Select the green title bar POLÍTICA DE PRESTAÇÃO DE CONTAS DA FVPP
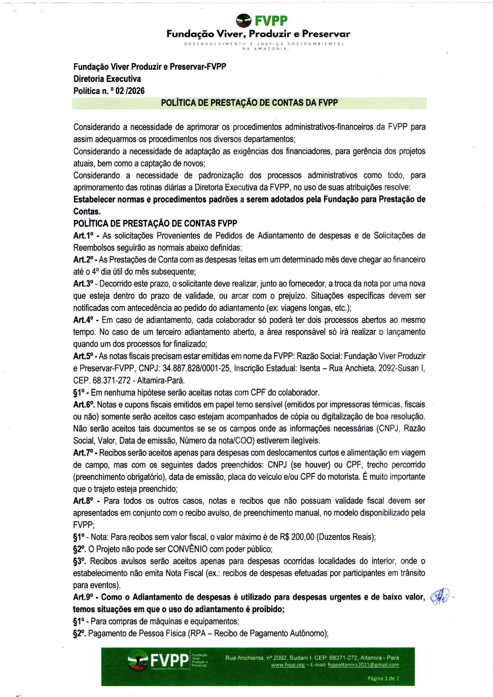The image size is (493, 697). coord(249,103)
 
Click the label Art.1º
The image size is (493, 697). coord(83,235)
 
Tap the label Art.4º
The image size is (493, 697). coord(83,320)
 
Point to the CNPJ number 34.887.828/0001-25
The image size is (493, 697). coord(196,368)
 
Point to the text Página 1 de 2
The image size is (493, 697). coord(383,678)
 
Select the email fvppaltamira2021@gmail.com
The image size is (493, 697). coord(363,665)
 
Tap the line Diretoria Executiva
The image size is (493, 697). coord(107,79)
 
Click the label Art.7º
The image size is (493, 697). coord(83,452)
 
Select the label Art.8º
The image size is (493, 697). coord(83,501)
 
